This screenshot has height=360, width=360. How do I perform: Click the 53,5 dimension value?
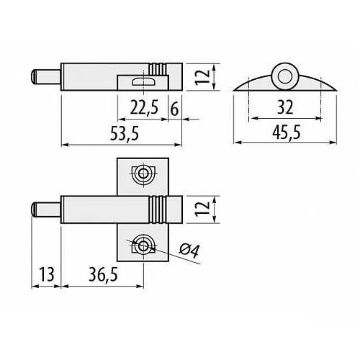(x=125, y=133)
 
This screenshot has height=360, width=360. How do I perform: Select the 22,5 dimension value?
(x=144, y=107)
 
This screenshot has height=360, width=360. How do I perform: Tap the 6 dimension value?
(x=174, y=109)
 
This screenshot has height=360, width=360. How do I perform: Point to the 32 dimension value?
(x=285, y=107)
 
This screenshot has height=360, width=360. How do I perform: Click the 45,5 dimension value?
(x=287, y=132)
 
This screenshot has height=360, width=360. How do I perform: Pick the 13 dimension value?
(x=47, y=274)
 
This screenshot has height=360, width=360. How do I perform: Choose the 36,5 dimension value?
(x=103, y=274)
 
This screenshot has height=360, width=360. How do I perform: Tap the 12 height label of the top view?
(x=202, y=77)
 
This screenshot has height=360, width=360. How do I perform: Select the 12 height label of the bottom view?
(x=202, y=210)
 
